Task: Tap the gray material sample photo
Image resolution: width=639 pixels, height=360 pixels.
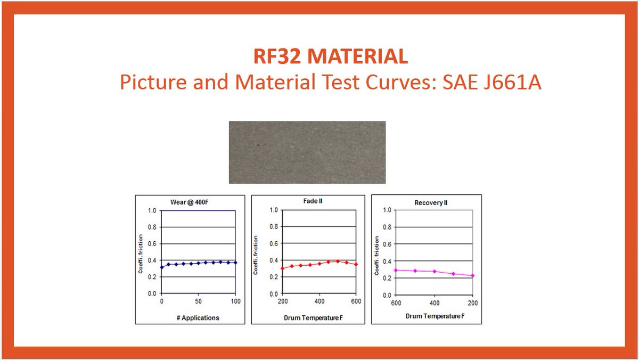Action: click(307, 152)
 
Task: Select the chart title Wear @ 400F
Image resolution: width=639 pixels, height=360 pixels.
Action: click(191, 202)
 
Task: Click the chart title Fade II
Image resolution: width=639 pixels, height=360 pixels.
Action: click(313, 201)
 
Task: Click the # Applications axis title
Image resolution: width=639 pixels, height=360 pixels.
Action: click(198, 317)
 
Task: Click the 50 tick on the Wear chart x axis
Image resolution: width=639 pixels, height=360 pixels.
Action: click(198, 301)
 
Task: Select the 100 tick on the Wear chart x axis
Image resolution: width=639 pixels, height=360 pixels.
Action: click(235, 301)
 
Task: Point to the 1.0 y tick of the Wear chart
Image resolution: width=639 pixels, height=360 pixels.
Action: click(152, 210)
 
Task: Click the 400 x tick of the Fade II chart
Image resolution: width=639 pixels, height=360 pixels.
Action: click(319, 301)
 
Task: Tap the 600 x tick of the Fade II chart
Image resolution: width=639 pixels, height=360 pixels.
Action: click(356, 301)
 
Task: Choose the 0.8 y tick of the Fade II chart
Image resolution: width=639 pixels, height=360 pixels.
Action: click(273, 227)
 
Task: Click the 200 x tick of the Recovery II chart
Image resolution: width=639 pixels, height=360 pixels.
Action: click(472, 302)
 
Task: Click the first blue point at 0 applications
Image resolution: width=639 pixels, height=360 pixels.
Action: click(162, 267)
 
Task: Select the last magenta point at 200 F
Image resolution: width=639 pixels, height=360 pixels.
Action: click(472, 275)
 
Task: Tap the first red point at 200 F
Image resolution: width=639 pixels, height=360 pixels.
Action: click(283, 268)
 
